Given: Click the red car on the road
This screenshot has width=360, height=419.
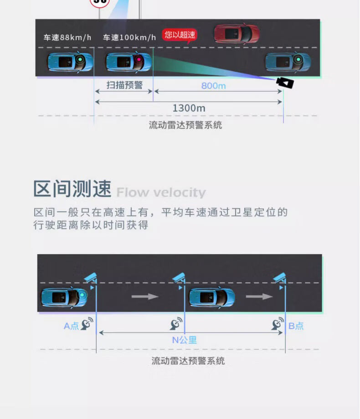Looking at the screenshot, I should point(237,33).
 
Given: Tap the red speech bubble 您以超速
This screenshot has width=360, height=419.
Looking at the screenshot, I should point(180,35).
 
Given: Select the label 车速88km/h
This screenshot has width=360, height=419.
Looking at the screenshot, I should point(67,37).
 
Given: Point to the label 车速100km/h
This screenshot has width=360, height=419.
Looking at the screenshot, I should point(129,37).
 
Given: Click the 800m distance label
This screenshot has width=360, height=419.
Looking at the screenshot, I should point(213,86).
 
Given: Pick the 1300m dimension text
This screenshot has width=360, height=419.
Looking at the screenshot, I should point(189,108).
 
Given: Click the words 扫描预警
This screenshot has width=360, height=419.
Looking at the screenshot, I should point(124,85).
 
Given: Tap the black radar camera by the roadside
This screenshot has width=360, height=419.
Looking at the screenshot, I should point(285,82).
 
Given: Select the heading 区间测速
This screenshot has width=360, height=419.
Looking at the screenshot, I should point(72,189).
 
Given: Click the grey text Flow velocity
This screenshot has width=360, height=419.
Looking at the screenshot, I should point(161,193).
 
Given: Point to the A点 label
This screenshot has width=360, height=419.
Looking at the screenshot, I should point(71,326).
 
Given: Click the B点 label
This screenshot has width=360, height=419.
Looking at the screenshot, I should point(296,326).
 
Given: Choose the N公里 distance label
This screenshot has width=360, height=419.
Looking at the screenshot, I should point(184,340).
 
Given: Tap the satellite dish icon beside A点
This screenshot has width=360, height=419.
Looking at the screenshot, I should point(87,324).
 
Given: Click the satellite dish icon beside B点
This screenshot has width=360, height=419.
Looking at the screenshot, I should point(278,324).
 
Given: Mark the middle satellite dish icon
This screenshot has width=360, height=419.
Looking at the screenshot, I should point(176,324).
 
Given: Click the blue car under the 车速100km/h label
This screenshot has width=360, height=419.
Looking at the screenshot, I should point(129,61).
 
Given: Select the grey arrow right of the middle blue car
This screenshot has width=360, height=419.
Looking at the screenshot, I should point(259,296).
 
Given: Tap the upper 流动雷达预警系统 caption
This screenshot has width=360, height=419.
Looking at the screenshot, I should point(185,125).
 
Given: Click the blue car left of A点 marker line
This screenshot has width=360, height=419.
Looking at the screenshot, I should point(64,297).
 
